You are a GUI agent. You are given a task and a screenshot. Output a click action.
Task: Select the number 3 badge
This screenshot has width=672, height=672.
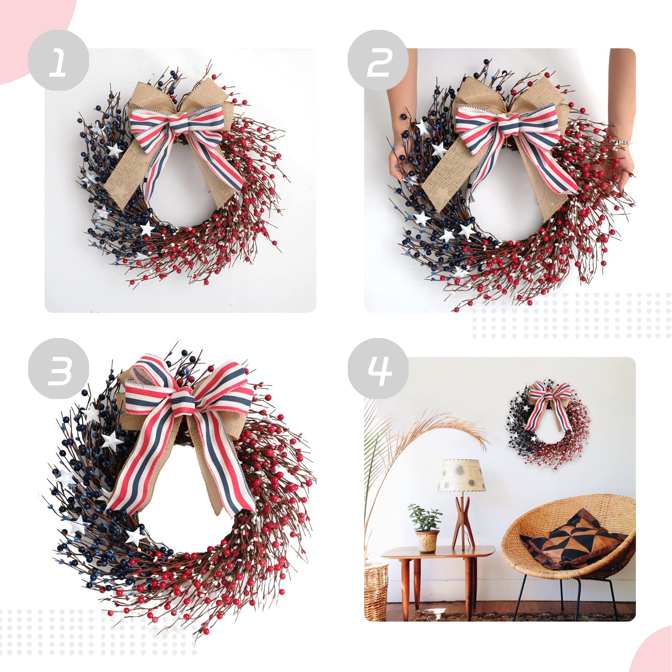point(58,368)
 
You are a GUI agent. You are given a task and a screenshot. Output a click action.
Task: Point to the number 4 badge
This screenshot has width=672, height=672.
point(378,368)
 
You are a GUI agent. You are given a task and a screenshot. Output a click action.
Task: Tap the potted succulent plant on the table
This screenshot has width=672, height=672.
point(425,519)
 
